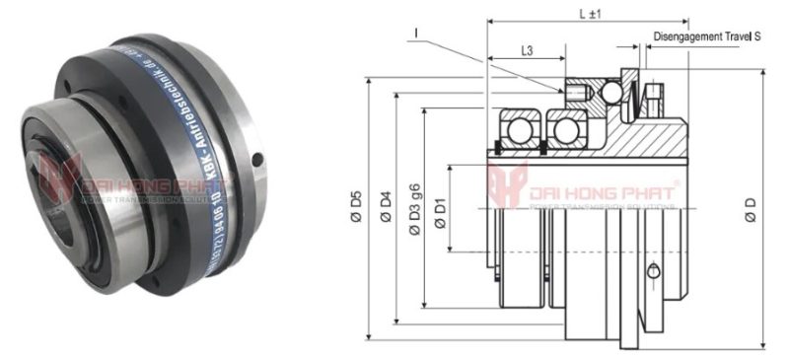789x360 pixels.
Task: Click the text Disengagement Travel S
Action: (707, 36)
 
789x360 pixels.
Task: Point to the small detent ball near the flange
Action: (612, 93)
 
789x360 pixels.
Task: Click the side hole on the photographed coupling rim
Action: (257, 159)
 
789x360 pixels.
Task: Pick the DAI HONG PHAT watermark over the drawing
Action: (582, 190)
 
